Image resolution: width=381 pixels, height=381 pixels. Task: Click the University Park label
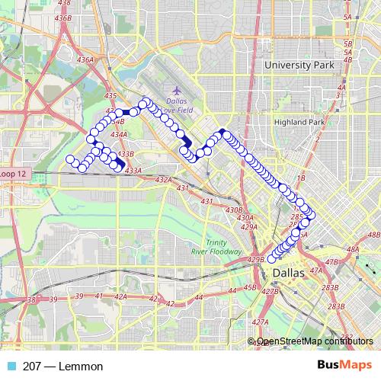pyautogui.click(x=299, y=66)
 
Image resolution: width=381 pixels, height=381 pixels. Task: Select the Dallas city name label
pyautogui.click(x=287, y=273)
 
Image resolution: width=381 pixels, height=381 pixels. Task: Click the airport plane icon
pyautogui.click(x=155, y=91)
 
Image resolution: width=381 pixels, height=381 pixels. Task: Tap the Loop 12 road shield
pyautogui.click(x=13, y=174)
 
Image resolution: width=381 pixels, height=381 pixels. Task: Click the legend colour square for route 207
pyautogui.click(x=8, y=367)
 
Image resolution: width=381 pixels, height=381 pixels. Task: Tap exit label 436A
pyautogui.click(x=85, y=59)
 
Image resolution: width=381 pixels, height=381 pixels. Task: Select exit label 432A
pyautogui.click(x=164, y=180)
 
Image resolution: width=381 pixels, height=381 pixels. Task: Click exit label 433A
pyautogui.click(x=133, y=171)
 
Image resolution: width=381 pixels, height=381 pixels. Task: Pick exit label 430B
pyautogui.click(x=234, y=210)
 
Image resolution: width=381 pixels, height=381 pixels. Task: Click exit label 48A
pyautogui.click(x=352, y=249)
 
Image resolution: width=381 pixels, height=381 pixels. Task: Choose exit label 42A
pyautogui.click(x=120, y=296)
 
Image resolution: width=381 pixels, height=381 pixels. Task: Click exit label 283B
pyautogui.click(x=329, y=287)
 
